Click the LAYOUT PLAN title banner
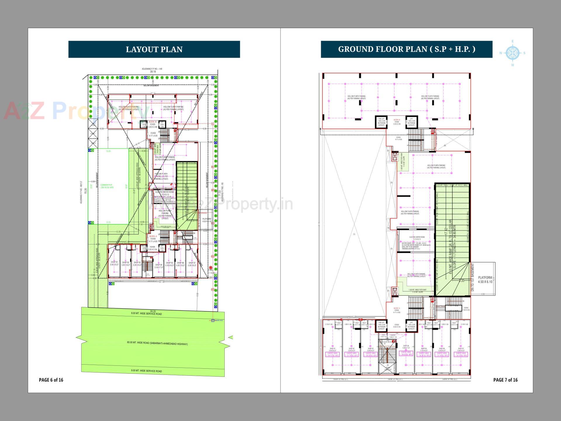[154, 49]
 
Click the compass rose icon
[512, 53]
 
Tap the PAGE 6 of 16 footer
[51, 380]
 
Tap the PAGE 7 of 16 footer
[505, 380]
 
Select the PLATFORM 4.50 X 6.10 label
[485, 279]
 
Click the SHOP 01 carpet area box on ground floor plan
[332, 354]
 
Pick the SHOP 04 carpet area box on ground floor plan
[406, 353]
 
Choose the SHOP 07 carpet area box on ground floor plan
[461, 354]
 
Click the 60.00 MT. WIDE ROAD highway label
[153, 343]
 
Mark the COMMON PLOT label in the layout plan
[106, 186]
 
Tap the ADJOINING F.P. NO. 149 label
[152, 69]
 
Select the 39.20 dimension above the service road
[153, 311]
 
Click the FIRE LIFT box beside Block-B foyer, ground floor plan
[382, 122]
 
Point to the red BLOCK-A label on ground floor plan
[396, 308]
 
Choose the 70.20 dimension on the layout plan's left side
[86, 191]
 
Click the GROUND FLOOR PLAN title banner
[406, 49]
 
